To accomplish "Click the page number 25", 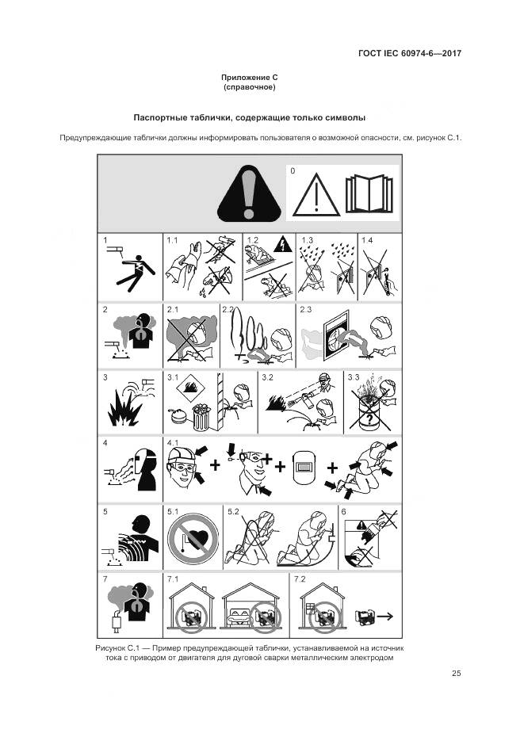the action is (x=456, y=673).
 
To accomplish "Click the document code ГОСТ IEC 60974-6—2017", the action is (x=410, y=53).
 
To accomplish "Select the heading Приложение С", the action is (x=250, y=78).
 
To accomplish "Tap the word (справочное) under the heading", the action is (x=250, y=87).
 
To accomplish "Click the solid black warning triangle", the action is (x=249, y=193).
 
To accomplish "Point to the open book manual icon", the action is (x=369, y=194).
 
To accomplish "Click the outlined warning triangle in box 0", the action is (x=316, y=195).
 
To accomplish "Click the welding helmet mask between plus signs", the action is (x=304, y=467).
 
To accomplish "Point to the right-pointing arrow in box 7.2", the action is (x=384, y=617).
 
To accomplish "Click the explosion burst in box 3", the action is (x=124, y=409).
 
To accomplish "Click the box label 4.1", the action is (x=173, y=443).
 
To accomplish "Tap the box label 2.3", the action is (x=306, y=310).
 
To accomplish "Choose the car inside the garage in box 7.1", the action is (x=236, y=614).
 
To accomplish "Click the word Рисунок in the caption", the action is (x=110, y=648).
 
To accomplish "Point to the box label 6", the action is (x=343, y=512).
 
